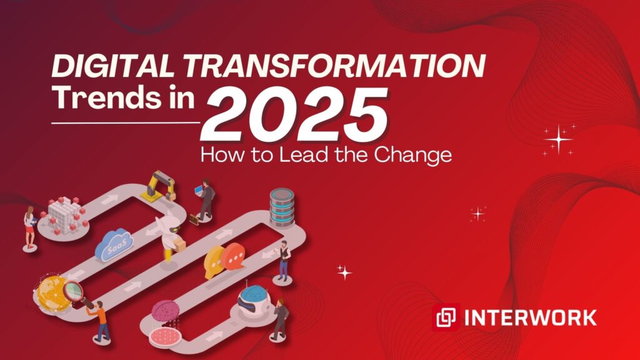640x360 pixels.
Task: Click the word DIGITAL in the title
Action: [113, 66]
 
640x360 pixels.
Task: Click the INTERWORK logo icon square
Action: [446, 317]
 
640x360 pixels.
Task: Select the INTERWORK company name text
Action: [531, 317]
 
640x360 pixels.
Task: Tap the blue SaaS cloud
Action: [114, 244]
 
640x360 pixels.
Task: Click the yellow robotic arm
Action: [159, 186]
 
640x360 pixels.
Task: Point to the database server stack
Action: [282, 207]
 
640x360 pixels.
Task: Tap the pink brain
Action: [165, 311]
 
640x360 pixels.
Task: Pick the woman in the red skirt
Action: [29, 227]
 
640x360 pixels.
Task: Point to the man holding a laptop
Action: [205, 199]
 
